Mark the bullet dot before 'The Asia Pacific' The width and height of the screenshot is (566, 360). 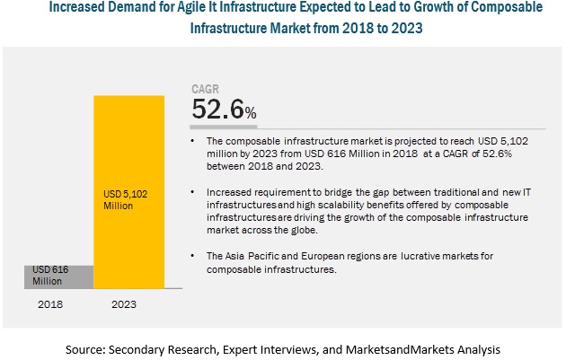[x=194, y=256]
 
